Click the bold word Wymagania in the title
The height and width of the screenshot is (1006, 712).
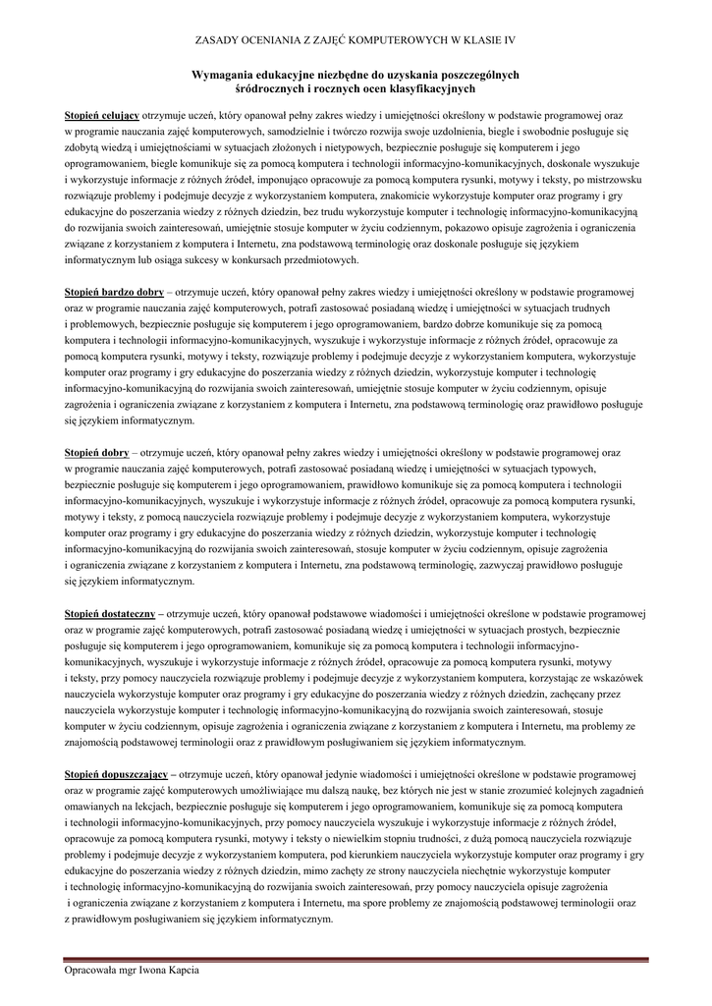point(230,75)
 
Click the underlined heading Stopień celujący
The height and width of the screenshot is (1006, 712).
point(101,115)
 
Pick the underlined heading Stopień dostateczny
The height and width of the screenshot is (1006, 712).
point(108,613)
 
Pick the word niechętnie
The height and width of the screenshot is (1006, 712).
point(478,871)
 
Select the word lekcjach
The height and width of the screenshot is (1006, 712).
point(144,807)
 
